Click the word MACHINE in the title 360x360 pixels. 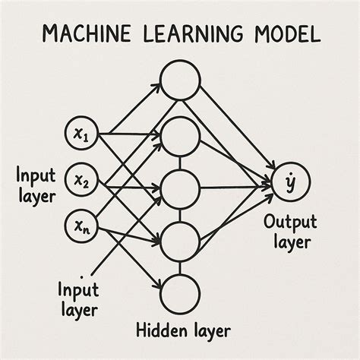87,33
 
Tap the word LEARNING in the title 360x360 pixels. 185,33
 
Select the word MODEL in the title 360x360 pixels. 282,33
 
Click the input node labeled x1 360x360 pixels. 81,134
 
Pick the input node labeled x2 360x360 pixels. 81,180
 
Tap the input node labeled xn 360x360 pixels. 81,225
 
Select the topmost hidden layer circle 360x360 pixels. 180,79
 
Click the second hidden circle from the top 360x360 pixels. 180,137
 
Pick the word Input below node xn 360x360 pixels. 78,289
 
